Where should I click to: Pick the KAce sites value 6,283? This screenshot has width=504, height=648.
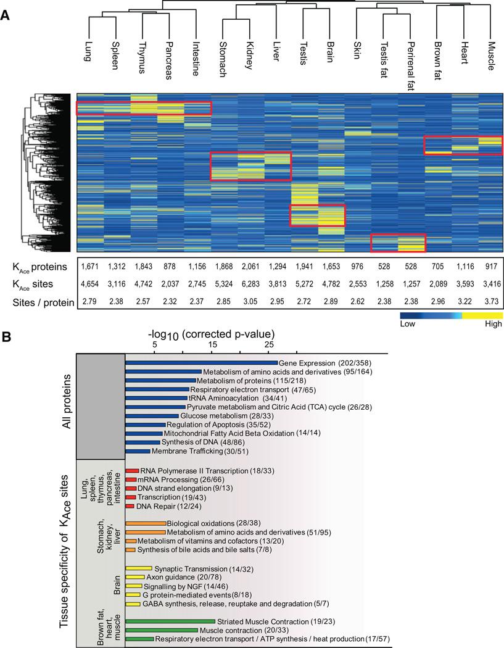pyautogui.click(x=251, y=285)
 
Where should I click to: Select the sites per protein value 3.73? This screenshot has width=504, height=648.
pyautogui.click(x=490, y=302)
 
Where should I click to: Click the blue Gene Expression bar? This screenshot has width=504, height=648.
pyautogui.click(x=201, y=363)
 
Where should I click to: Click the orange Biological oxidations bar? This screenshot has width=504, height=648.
pyautogui.click(x=145, y=523)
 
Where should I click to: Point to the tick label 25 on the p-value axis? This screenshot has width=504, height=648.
pyautogui.click(x=269, y=344)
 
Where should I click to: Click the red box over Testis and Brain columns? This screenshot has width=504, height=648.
pyautogui.click(x=318, y=215)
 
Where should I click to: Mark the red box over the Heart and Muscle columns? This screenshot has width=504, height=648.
pyautogui.click(x=463, y=145)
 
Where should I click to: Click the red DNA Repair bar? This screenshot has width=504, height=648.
pyautogui.click(x=130, y=505)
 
